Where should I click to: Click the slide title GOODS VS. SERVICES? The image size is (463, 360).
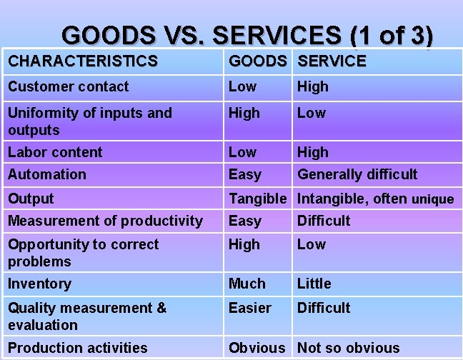[x=247, y=35]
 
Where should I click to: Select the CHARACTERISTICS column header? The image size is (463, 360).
[x=82, y=61]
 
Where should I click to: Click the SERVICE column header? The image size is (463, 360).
[x=332, y=61]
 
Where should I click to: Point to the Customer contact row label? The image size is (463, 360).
[x=69, y=87]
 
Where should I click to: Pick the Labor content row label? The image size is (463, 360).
[x=55, y=152]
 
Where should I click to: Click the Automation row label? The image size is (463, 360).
[x=47, y=174]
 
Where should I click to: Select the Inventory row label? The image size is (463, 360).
[x=39, y=284]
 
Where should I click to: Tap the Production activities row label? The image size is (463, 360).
[x=78, y=349]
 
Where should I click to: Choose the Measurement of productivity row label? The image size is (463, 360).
[x=105, y=221]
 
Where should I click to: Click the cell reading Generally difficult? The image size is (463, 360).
[x=357, y=174]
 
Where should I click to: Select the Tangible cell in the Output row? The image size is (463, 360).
[x=257, y=199]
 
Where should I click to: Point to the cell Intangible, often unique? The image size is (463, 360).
[x=375, y=199]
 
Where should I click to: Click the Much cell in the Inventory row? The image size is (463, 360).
[x=247, y=284]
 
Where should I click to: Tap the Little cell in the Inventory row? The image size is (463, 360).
[x=314, y=284]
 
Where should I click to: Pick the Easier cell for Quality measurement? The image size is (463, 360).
[x=249, y=308]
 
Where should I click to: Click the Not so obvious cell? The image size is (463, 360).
[x=348, y=349]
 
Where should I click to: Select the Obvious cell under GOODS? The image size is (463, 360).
[x=257, y=349]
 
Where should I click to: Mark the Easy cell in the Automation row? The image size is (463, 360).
[x=244, y=174]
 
